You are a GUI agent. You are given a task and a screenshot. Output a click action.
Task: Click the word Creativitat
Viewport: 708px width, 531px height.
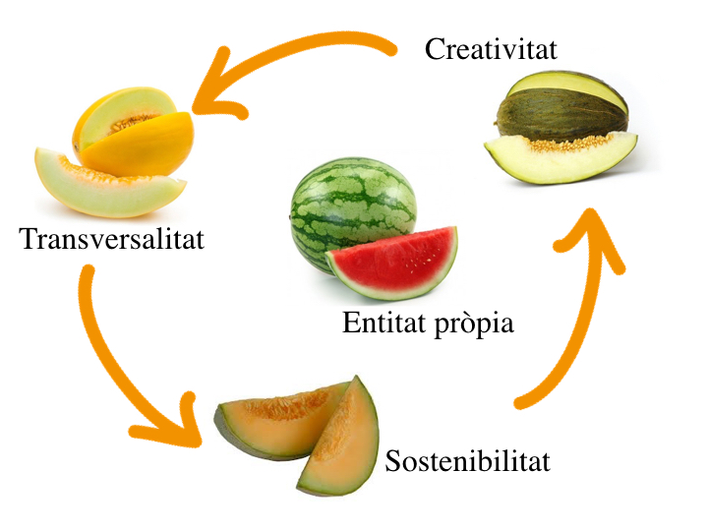tap(491, 49)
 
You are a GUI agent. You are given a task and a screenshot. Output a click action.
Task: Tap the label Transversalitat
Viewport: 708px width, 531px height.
tap(111, 238)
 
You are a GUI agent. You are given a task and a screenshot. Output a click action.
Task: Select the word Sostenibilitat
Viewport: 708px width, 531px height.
tap(468, 460)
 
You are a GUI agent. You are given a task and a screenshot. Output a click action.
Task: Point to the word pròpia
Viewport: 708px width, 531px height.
tap(474, 324)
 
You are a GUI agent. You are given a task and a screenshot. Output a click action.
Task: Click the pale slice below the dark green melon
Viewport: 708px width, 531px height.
tap(561, 158)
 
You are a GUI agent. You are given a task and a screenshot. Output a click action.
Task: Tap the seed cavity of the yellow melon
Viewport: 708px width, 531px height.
tap(132, 122)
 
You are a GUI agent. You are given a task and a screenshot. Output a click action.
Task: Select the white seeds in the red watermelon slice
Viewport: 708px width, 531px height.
tap(422, 259)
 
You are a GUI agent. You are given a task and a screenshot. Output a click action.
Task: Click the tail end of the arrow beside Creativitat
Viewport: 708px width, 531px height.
tap(391, 50)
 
